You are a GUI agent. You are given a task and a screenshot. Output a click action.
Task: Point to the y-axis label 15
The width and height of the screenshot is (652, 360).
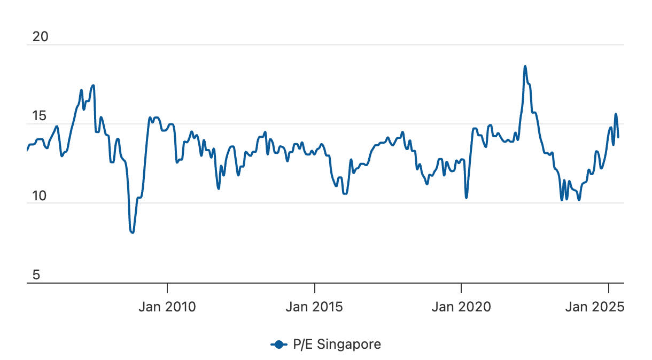coord(40,116)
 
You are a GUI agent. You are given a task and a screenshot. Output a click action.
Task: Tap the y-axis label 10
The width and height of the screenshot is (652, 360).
coord(40,196)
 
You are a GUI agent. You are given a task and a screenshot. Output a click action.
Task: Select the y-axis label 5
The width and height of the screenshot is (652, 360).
coord(37,275)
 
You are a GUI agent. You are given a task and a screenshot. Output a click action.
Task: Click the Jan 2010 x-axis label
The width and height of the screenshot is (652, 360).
coord(167,307)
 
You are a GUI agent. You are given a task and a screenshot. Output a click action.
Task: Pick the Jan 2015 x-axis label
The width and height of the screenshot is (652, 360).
coord(315,307)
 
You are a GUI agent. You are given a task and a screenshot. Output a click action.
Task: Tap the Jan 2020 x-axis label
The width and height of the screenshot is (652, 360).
coord(461,307)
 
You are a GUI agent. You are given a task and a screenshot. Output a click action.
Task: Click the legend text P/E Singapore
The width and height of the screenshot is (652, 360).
coord(337,345)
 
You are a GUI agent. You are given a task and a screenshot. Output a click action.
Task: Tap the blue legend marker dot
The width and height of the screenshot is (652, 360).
coord(280,345)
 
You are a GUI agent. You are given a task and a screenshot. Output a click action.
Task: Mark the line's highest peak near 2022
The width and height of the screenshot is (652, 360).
coord(525,66)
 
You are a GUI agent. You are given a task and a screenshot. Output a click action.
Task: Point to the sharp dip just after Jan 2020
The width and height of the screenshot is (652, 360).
coord(467,198)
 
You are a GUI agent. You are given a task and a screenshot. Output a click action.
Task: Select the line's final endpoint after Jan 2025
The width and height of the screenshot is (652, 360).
coord(618,137)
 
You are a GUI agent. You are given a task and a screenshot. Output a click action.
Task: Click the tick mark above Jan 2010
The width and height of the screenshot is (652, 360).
coord(167,287)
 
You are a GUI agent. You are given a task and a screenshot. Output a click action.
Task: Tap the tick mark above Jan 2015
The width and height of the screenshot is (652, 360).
coord(315,287)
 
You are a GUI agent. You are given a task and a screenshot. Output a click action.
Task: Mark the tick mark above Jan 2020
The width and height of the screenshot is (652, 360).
coord(461,287)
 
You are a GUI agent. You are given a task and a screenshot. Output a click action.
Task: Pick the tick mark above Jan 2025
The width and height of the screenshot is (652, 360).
coord(609,287)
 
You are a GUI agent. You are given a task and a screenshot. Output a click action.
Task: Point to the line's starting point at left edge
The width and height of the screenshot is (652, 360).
coord(27,151)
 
